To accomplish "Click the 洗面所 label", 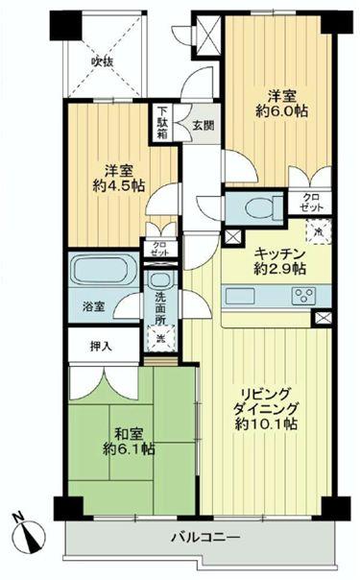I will click(160, 304).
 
